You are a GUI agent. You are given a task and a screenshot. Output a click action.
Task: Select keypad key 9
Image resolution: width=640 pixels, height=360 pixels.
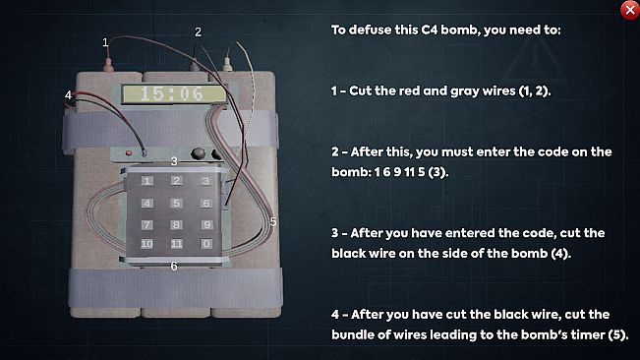[205, 223]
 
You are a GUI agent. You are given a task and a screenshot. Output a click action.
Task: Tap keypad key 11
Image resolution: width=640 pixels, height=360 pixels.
[176, 243]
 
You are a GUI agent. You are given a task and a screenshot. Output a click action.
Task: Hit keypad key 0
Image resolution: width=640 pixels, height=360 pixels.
[205, 243]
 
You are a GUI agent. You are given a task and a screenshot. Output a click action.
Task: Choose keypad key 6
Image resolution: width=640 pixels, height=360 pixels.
[205, 203]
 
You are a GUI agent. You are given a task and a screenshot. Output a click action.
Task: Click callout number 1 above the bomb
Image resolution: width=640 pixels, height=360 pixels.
[105, 42]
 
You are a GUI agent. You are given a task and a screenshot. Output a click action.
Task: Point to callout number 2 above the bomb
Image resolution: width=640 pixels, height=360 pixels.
[198, 32]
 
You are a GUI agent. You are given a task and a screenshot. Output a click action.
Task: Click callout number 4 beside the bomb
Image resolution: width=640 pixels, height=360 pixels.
[68, 94]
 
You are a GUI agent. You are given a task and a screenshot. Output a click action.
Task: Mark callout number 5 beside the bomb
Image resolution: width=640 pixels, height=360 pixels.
[272, 221]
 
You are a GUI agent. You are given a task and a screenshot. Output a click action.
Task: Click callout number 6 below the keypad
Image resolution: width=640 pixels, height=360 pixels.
[174, 266]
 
